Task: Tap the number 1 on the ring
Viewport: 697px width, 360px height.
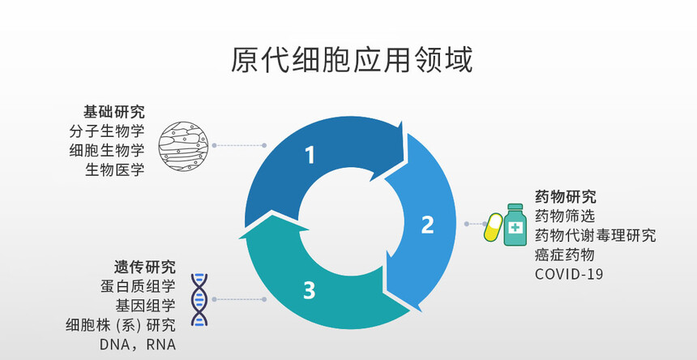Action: [x=309, y=154]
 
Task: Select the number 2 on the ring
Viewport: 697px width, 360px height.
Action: [x=428, y=225]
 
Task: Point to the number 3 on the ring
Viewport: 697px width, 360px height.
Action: [x=309, y=289]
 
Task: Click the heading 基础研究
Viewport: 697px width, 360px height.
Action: [x=113, y=112]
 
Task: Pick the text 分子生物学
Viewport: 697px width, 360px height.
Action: [x=107, y=131]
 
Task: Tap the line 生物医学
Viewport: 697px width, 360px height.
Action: [x=114, y=169]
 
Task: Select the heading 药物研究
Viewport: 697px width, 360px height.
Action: [x=566, y=196]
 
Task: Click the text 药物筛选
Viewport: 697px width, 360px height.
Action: [x=565, y=216]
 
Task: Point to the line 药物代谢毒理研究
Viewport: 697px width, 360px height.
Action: [x=595, y=235]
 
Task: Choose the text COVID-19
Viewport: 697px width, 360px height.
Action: [x=569, y=274]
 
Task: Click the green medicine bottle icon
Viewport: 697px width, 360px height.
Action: [x=515, y=225]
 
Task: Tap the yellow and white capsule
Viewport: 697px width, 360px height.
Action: [x=493, y=227]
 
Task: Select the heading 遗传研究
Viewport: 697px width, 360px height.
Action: [x=144, y=267]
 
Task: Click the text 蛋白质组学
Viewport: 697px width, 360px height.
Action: [x=138, y=286]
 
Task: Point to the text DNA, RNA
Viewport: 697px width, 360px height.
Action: [x=137, y=345]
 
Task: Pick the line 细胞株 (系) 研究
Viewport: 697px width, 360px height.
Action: [x=121, y=325]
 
